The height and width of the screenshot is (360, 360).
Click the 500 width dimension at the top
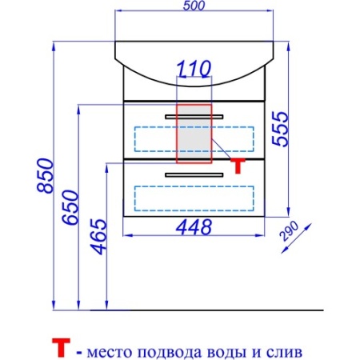[x=194, y=6]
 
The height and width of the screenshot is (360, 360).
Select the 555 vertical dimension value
[x=280, y=129]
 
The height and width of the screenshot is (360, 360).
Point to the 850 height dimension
[x=45, y=175]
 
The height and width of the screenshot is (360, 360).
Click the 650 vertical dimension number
[x=70, y=207]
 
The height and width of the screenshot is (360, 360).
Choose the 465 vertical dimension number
[x=98, y=237]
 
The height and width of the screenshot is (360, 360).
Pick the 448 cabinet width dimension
[x=194, y=227]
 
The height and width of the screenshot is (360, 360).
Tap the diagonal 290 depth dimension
[x=289, y=231]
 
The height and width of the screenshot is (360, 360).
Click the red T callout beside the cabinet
[x=238, y=166]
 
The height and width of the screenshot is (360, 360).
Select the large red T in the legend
[x=61, y=347]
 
